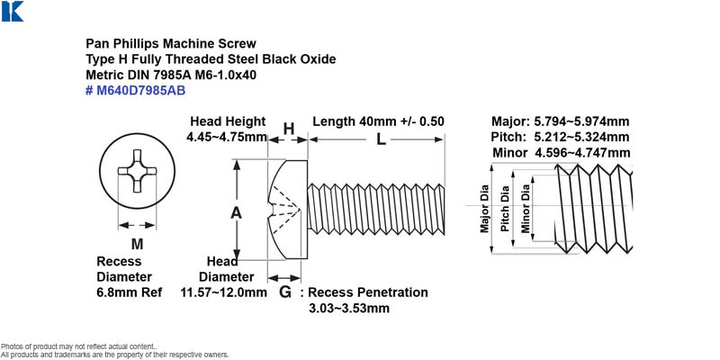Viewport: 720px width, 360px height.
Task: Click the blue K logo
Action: (13, 11)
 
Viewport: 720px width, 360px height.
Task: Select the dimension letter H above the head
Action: (288, 129)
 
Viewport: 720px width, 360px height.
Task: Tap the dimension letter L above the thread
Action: (381, 139)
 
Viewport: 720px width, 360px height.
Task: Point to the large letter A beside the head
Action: (236, 212)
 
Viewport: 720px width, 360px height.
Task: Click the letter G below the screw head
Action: (285, 292)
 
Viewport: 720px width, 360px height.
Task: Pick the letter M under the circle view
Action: (137, 244)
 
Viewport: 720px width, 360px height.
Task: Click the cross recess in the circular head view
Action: (138, 171)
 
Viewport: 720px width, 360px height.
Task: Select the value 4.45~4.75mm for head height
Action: (227, 137)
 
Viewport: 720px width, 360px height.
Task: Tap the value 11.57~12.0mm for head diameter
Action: (223, 292)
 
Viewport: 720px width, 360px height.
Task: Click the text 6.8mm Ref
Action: (129, 292)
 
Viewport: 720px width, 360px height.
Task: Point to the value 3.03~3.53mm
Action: (349, 308)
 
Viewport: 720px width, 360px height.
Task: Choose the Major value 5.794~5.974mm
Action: (581, 121)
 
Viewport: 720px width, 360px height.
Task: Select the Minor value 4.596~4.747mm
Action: (582, 152)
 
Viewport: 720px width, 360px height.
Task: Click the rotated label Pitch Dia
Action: (505, 208)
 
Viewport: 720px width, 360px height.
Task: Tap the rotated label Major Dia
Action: (484, 208)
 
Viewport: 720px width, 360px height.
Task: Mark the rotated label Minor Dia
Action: (526, 208)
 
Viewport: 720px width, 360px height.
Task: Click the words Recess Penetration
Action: (368, 292)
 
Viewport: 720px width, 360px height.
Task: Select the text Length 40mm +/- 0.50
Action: (378, 121)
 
